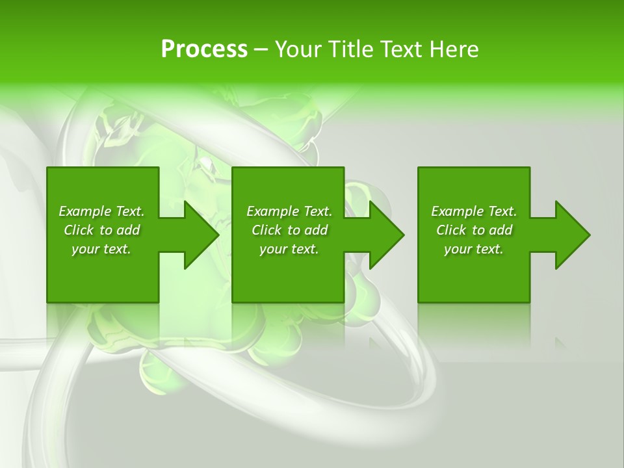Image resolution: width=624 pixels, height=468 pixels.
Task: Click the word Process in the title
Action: click(204, 49)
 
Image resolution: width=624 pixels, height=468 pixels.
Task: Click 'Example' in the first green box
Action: click(85, 211)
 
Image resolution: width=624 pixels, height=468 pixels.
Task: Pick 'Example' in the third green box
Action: click(458, 211)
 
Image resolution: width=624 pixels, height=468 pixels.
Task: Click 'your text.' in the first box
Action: click(101, 249)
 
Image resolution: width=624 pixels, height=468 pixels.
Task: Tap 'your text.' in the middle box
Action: click(289, 249)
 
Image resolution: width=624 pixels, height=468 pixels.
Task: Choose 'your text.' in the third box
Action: click(473, 249)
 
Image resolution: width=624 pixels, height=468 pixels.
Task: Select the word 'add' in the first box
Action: click(128, 230)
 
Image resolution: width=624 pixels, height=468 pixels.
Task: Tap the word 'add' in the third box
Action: click(500, 230)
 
